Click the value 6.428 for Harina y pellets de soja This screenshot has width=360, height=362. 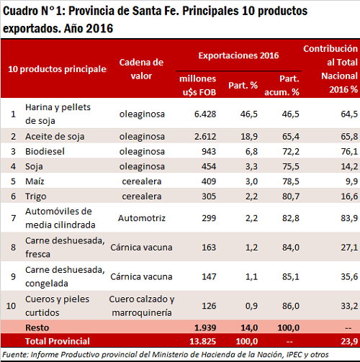205,114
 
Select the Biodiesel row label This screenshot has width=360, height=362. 45,152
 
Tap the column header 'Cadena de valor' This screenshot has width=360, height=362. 141,69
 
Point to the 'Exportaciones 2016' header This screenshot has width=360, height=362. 238,55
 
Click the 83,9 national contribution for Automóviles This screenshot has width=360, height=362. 349,218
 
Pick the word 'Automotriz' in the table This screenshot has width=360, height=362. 142,218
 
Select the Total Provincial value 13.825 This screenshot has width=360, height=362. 203,341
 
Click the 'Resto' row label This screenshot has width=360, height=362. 37,327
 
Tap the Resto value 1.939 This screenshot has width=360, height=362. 205,327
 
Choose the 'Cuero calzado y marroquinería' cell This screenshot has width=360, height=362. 142,306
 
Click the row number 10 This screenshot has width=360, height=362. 11,306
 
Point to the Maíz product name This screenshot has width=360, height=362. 35,181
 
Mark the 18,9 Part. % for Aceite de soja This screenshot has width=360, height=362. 249,137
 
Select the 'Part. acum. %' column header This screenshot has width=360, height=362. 282,86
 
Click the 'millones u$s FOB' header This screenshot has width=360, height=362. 198,86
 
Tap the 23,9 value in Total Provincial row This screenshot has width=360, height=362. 349,341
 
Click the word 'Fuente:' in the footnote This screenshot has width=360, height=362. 15,355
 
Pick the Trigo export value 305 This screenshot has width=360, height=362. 209,196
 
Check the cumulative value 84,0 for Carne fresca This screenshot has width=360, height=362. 291,248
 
